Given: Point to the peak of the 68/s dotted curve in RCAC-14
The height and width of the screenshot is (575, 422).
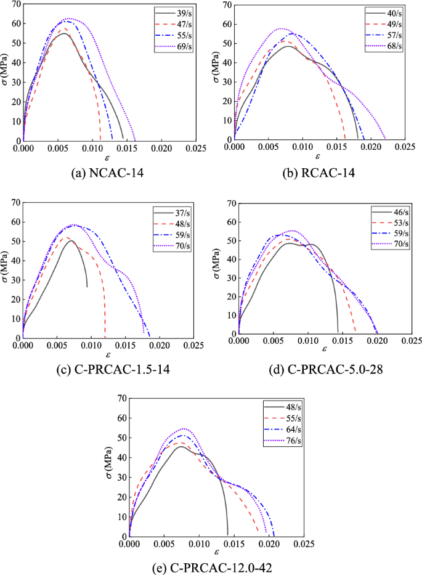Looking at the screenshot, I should click(282, 28).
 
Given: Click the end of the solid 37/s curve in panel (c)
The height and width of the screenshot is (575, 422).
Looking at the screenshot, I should click(87, 287).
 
